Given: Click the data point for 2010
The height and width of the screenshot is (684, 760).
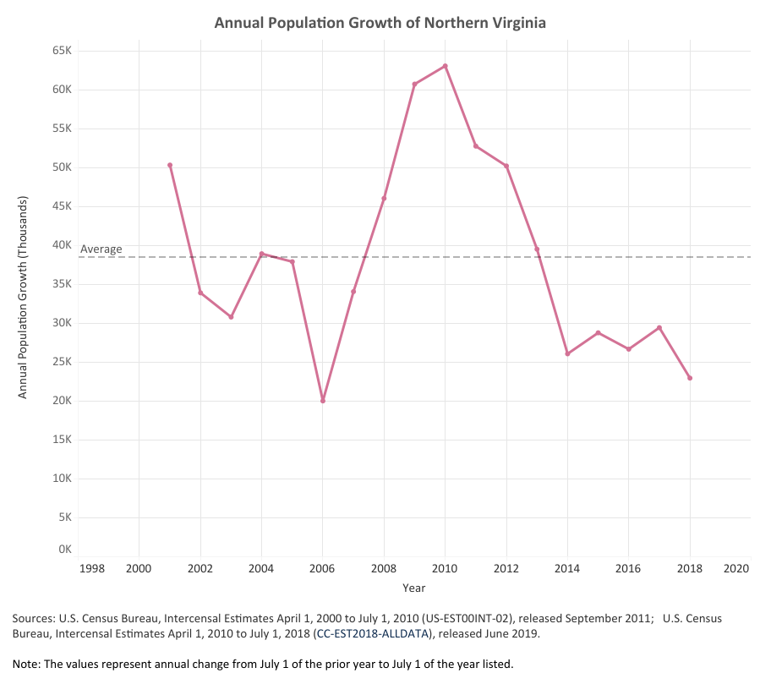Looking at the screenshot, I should click(x=446, y=66).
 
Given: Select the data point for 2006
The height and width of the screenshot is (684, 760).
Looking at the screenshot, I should click(x=323, y=401).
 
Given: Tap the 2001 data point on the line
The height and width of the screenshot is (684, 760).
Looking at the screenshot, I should click(x=170, y=165).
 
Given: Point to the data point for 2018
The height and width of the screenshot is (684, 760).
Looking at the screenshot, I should click(x=690, y=378).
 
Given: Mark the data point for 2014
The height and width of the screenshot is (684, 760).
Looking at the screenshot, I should click(x=567, y=353).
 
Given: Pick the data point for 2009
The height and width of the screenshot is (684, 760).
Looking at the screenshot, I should click(x=414, y=85).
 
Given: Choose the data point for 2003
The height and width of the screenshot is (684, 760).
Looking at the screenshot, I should click(x=231, y=317).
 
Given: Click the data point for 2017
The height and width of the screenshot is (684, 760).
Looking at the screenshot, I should click(x=659, y=328).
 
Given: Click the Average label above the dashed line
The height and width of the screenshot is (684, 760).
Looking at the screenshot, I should click(x=101, y=249).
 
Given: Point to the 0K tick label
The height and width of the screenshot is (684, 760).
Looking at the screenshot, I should click(x=65, y=550).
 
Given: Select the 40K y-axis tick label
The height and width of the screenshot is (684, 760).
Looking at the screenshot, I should click(x=63, y=245).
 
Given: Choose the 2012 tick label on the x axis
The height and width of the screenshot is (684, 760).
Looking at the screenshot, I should click(x=506, y=568).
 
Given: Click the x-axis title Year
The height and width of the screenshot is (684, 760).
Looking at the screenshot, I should click(x=414, y=588).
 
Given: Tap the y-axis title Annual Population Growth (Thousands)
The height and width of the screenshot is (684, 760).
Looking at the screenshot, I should click(x=24, y=298).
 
